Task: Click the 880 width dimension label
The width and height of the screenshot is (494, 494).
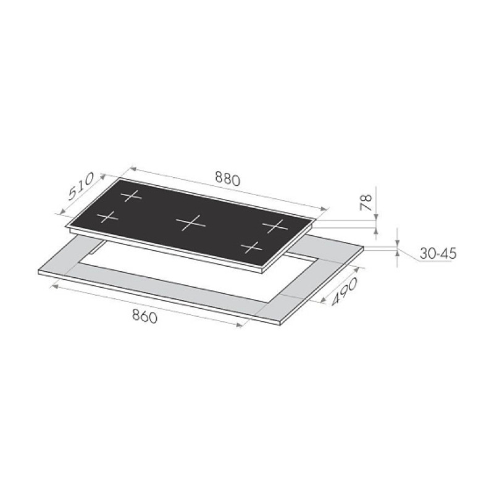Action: pyautogui.click(x=227, y=178)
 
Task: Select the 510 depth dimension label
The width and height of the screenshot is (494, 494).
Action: pyautogui.click(x=81, y=186)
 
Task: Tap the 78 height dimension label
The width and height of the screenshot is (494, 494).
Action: pyautogui.click(x=366, y=203)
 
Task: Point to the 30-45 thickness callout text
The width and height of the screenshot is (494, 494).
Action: pyautogui.click(x=438, y=254)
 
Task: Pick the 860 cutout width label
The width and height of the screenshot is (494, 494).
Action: pyautogui.click(x=144, y=316)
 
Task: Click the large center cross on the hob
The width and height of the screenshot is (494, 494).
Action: pyautogui.click(x=191, y=223)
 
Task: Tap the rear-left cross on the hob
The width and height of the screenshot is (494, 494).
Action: pyautogui.click(x=132, y=196)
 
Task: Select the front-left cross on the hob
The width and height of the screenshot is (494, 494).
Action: pyautogui.click(x=107, y=217)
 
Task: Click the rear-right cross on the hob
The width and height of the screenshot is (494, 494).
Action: pyautogui.click(x=275, y=225)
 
